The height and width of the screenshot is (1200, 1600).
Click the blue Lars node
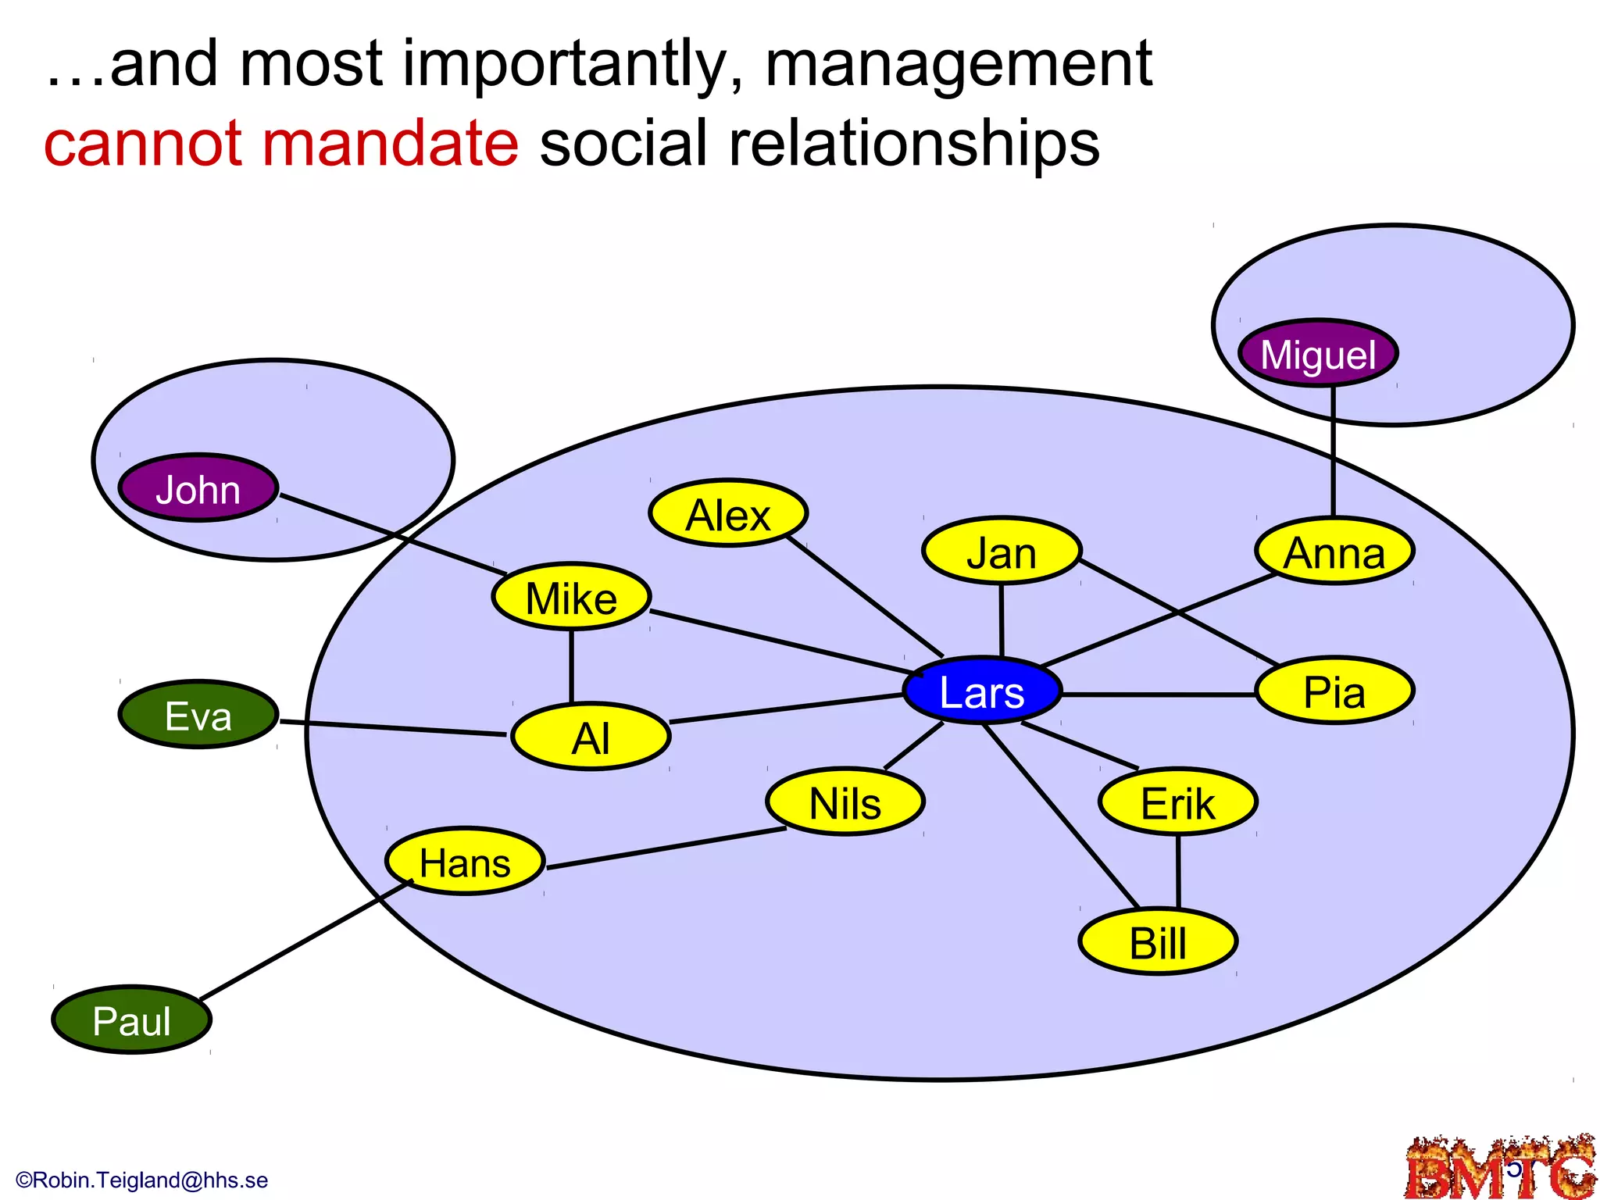[982, 691]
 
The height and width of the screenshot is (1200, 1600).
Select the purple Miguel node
[1318, 353]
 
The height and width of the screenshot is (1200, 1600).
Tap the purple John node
[198, 488]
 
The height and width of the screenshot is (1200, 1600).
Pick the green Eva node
[198, 715]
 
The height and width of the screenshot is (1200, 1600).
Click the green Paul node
[131, 1020]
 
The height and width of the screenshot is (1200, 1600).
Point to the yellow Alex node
[728, 513]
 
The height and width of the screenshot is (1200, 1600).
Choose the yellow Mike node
[571, 597]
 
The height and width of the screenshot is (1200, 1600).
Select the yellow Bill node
[1158, 941]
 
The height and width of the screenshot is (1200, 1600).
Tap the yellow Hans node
[465, 861]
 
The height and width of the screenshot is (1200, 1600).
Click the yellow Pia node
[1334, 691]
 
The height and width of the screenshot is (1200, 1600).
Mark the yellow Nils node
[845, 802]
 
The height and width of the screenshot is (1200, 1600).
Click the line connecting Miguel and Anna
[1333, 453]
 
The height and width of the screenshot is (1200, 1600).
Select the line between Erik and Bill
[1178, 871]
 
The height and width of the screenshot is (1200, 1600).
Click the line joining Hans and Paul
[305, 941]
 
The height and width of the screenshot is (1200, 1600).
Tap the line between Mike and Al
[571, 666]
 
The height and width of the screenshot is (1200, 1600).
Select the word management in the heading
[958, 64]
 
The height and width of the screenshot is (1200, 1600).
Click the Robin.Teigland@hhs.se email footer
[142, 1180]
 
